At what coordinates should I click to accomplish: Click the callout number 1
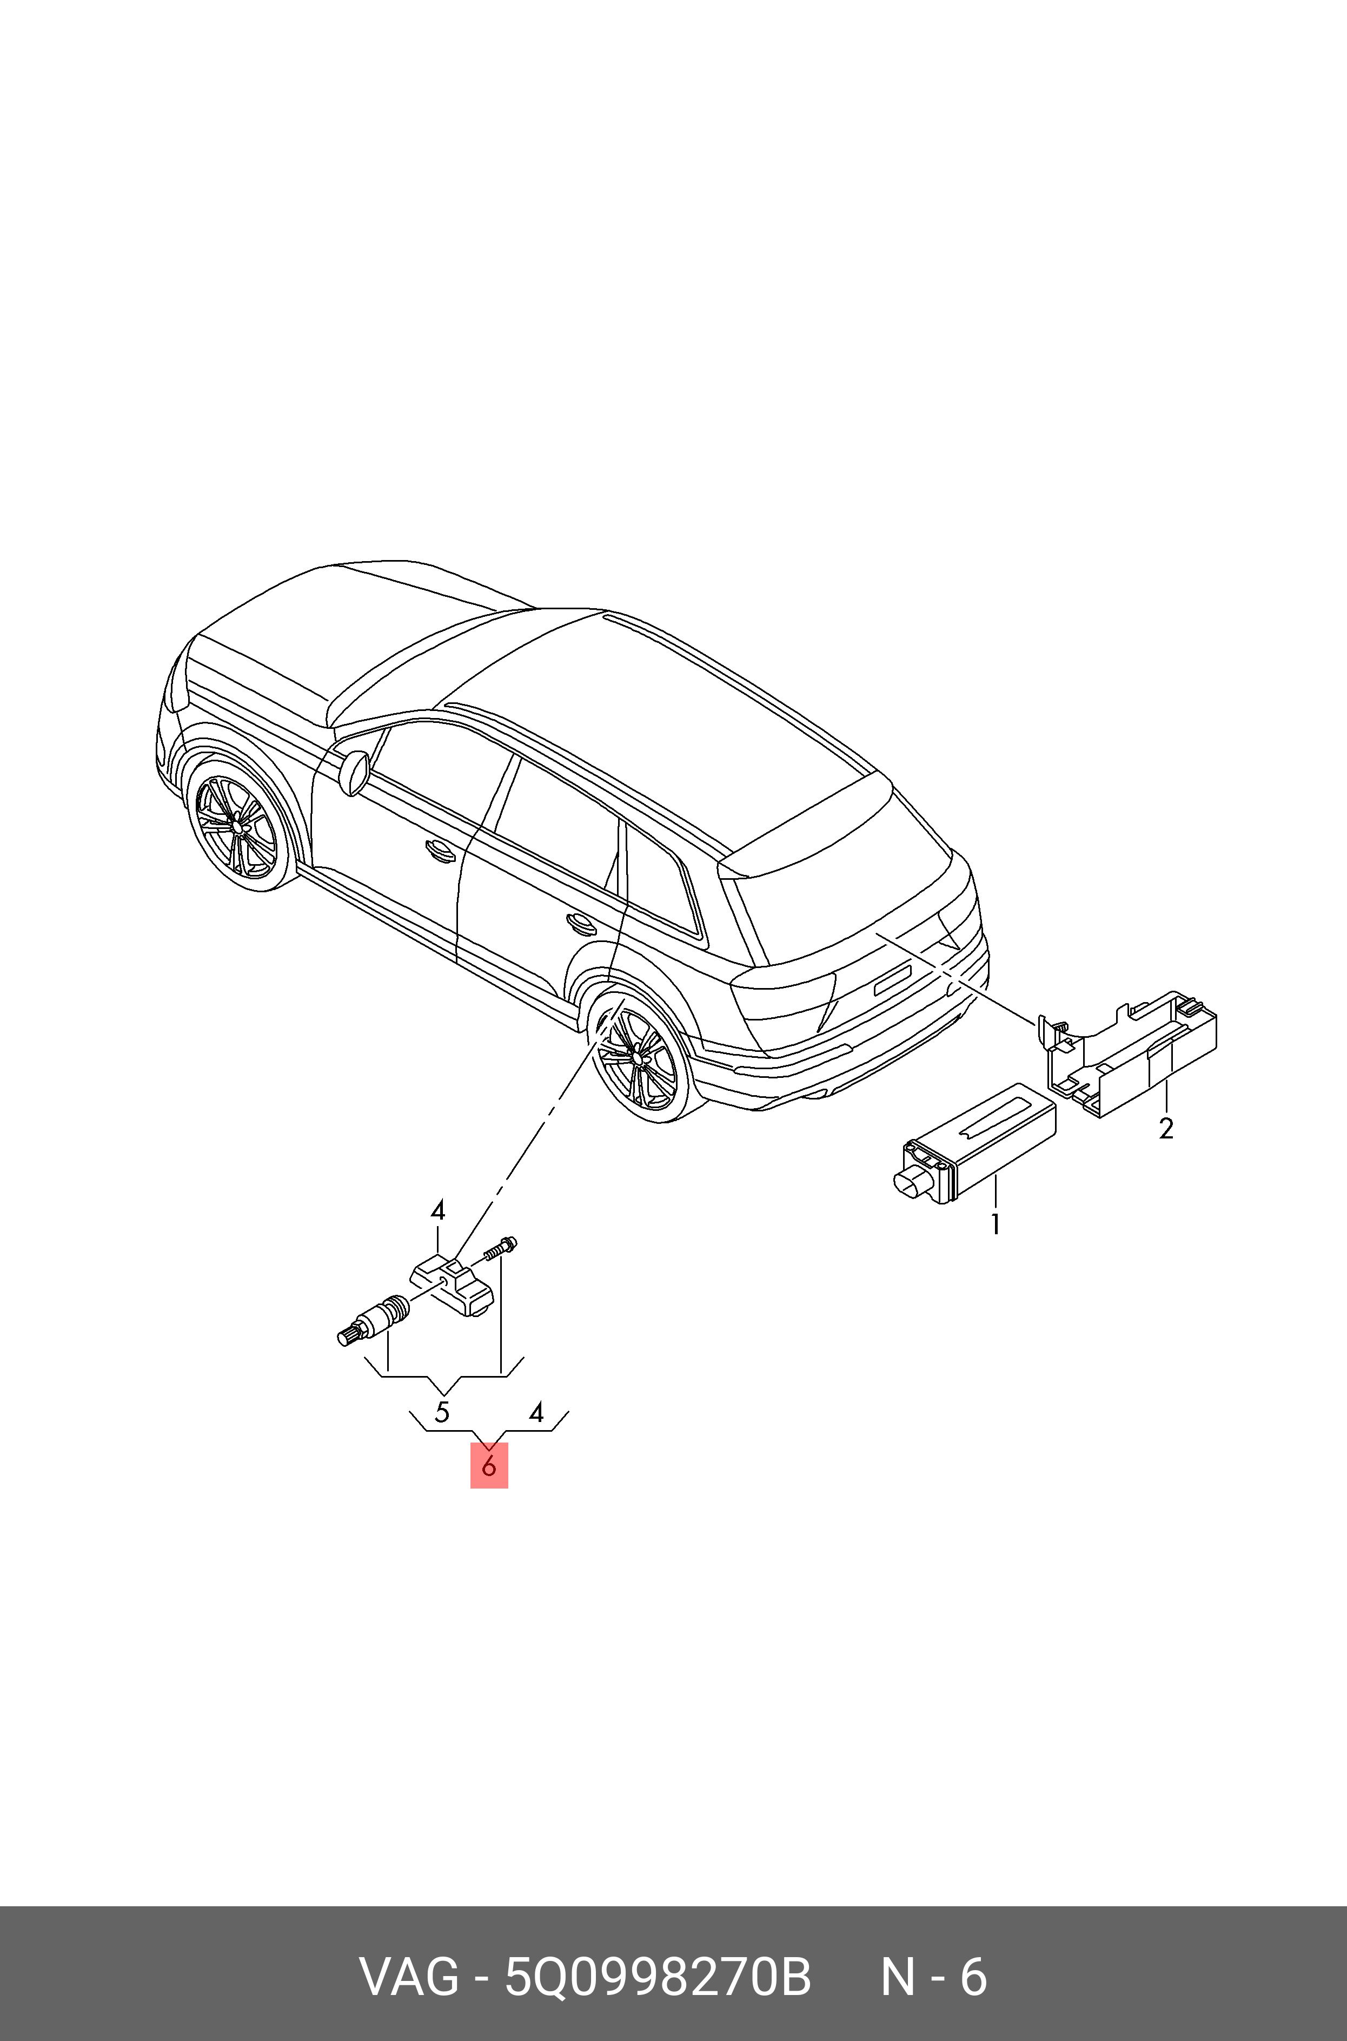(x=995, y=1224)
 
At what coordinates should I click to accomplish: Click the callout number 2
(x=1166, y=1128)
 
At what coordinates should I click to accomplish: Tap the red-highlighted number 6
(x=489, y=1465)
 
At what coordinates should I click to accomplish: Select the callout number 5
(x=442, y=1411)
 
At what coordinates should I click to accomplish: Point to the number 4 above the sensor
(x=438, y=1211)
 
